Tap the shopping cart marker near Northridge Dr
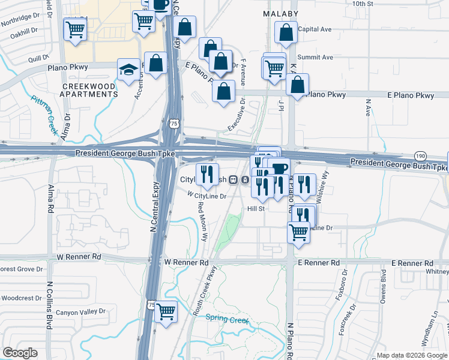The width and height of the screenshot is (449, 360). point(75,29)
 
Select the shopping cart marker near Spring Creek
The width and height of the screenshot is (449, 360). point(166,312)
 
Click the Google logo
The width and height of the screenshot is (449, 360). point(20,353)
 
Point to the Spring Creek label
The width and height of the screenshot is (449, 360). point(227,320)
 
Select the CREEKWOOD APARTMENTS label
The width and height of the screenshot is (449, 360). point(90,91)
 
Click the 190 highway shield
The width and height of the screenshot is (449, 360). point(420,155)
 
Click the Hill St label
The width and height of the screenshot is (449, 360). point(256,209)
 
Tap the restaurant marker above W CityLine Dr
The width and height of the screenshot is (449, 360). point(207,174)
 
